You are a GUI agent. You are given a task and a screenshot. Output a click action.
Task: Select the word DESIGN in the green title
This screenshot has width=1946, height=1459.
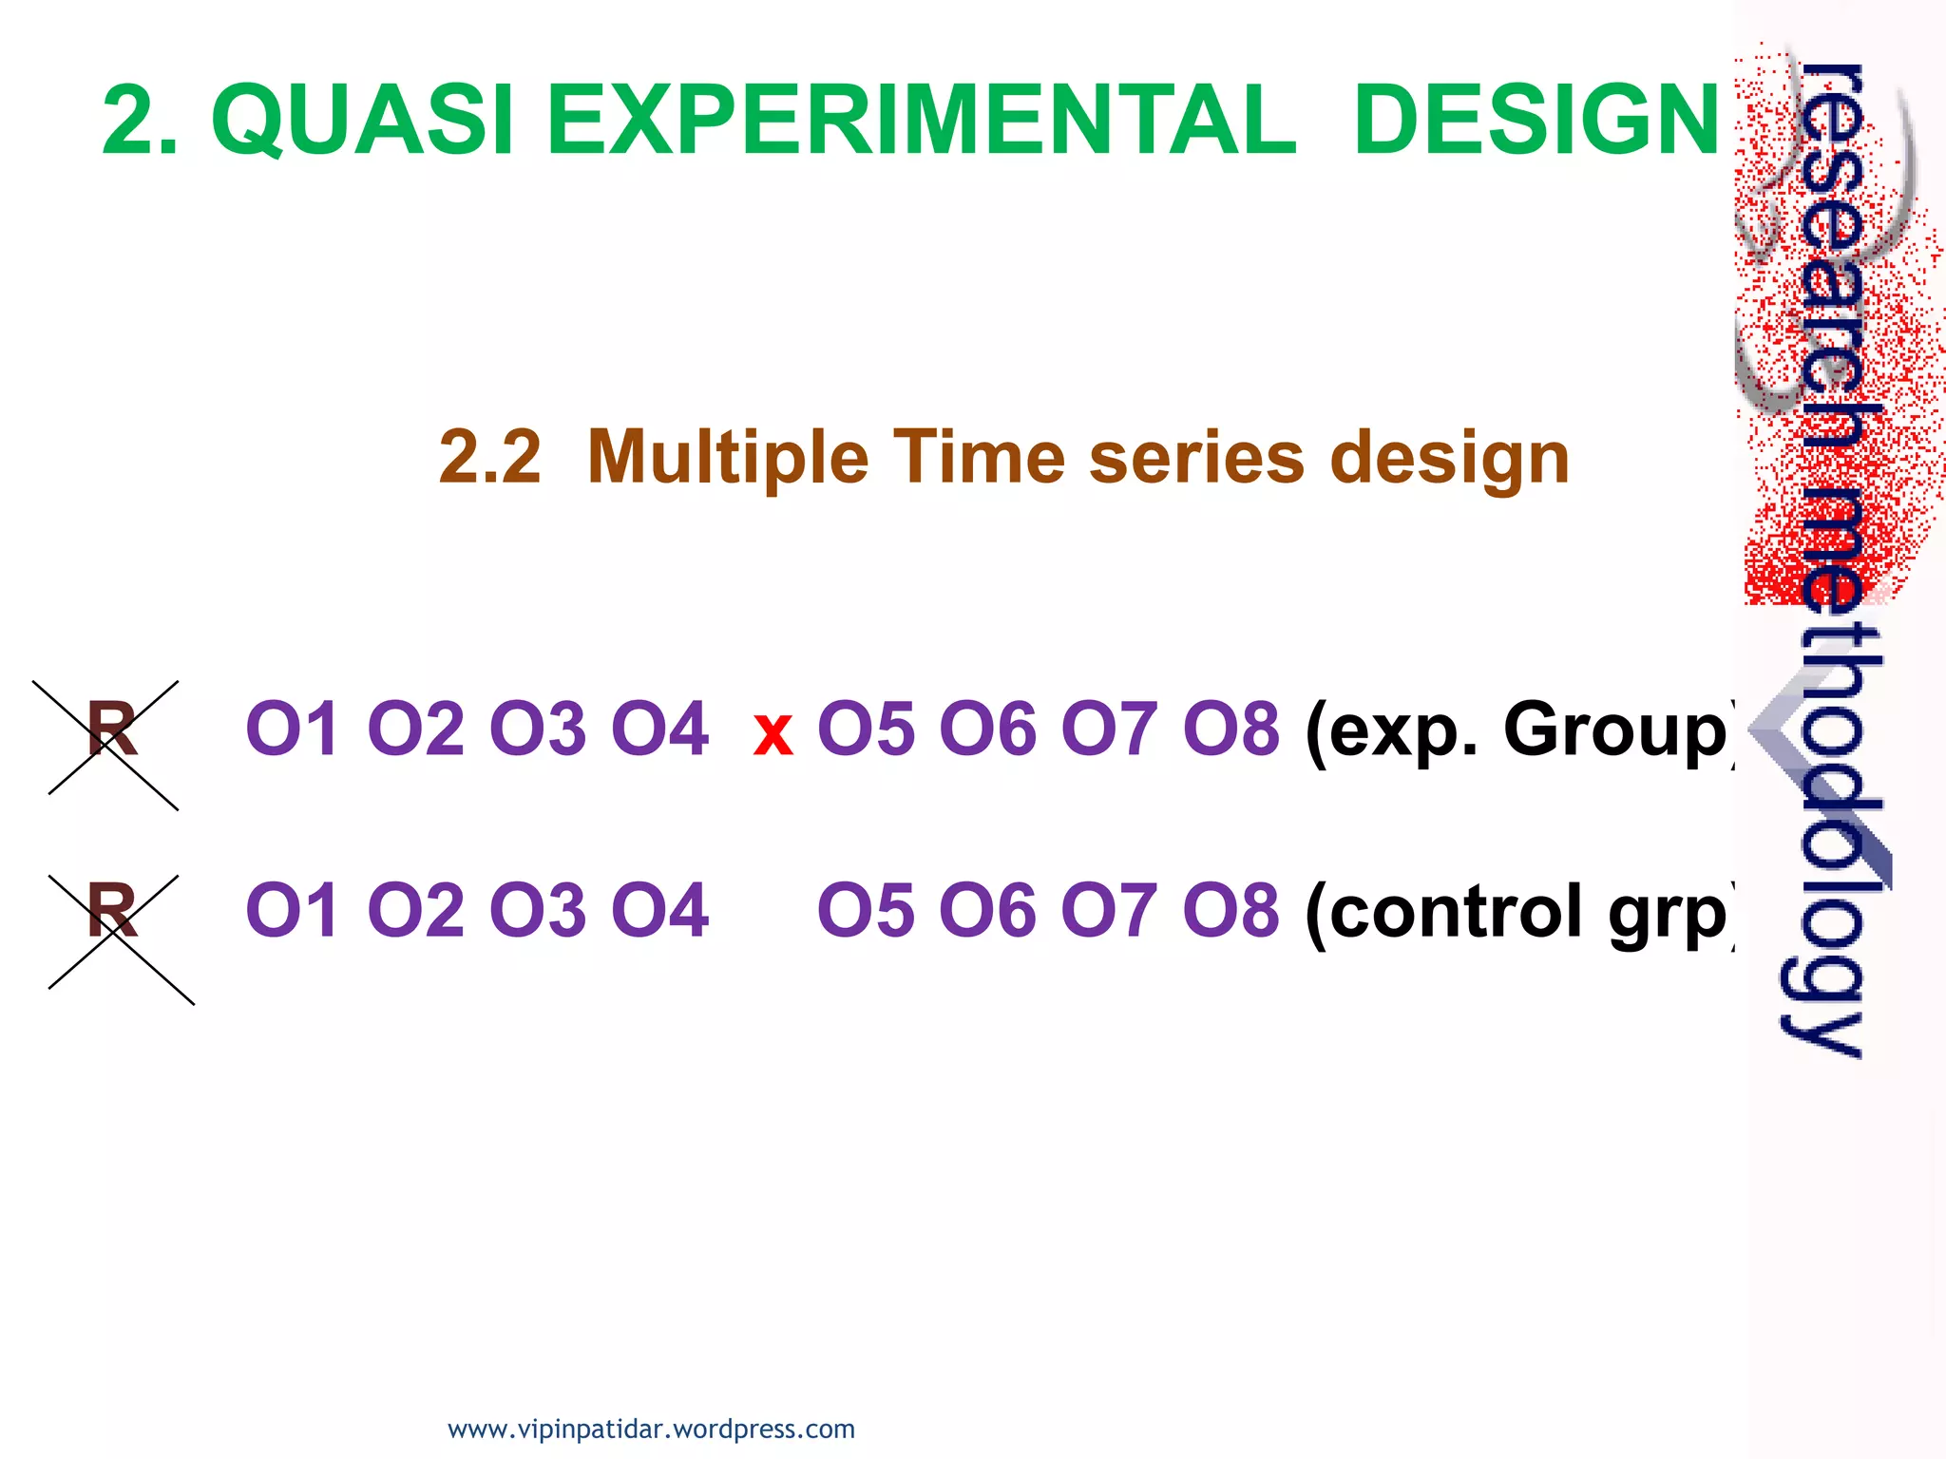point(1536,120)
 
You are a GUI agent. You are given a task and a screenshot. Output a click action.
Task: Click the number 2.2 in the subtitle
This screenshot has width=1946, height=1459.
point(489,457)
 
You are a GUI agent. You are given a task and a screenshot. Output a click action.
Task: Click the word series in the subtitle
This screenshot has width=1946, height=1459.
point(1196,457)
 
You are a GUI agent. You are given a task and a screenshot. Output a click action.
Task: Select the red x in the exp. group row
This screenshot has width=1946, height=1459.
point(773,734)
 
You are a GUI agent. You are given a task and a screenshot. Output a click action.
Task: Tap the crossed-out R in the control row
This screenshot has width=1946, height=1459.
point(112,911)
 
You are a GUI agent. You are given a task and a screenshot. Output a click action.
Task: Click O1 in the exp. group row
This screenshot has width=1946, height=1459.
point(292,729)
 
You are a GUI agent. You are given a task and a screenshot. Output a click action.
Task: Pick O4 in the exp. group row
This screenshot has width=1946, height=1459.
point(659,729)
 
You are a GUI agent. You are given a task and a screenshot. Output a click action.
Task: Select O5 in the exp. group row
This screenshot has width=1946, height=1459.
point(865,729)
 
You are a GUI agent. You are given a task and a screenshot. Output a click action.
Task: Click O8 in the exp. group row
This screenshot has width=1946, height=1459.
point(1231,729)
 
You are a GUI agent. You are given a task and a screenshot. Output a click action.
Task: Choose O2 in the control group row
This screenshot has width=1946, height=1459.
point(415,910)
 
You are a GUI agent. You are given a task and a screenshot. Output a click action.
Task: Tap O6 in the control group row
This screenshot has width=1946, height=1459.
point(987,910)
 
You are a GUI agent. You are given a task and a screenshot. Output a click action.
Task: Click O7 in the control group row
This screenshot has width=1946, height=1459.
point(1109,910)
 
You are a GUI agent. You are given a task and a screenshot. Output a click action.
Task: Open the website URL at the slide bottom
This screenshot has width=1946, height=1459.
point(651,1429)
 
